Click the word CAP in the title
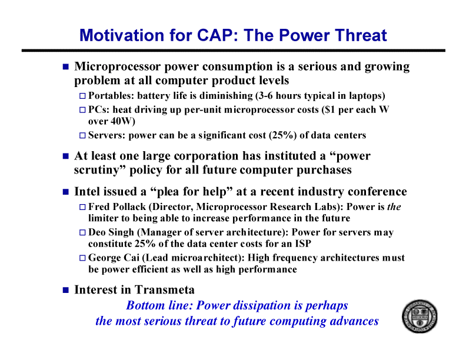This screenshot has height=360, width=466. coord(215,35)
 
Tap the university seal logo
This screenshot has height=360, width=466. coord(420,316)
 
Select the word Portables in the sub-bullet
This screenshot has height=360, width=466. coord(110,96)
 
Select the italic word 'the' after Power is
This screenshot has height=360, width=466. coord(394,206)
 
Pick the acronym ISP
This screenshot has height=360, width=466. coord(303,244)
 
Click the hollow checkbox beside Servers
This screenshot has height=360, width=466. coord(82,135)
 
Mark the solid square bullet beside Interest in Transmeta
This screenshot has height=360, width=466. coord(66,290)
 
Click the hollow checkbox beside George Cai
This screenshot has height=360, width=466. coord(82,258)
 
